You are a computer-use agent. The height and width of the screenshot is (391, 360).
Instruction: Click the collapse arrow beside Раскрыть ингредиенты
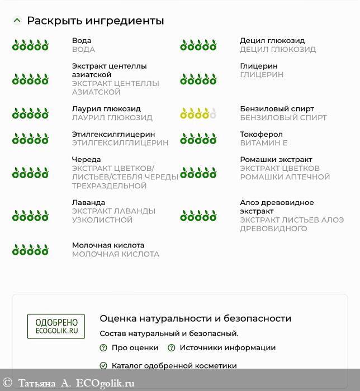pos(17,21)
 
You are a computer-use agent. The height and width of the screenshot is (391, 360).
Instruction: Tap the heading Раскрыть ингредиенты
pos(95,21)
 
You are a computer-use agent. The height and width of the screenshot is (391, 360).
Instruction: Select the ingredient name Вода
pos(82,41)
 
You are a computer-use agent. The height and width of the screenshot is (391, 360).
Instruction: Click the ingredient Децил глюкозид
pos(272,41)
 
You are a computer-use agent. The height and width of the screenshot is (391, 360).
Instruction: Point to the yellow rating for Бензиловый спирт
pos(198,113)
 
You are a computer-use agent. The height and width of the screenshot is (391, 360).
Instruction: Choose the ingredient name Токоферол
pos(261,135)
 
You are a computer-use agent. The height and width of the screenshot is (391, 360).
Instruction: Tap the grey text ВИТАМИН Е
pos(263,143)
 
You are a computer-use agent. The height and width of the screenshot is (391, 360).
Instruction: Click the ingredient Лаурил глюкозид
pos(106,109)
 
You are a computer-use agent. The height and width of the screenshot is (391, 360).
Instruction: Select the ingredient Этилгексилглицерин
pos(113,135)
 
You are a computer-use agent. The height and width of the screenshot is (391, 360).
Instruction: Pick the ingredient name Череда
pos(86,160)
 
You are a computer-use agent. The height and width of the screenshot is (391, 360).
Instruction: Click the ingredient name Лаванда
pos(88,203)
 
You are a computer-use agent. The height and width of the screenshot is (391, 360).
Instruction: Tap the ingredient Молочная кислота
pos(108,245)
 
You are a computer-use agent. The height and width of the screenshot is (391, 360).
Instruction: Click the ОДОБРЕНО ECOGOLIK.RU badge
pos(56,326)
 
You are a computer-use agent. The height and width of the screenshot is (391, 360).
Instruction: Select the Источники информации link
pos(228,347)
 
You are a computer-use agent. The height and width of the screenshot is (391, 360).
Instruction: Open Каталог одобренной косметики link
pos(174,366)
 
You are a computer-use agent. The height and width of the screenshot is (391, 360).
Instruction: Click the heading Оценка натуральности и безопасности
pos(195,318)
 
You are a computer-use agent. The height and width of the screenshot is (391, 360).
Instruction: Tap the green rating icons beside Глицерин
pos(198,79)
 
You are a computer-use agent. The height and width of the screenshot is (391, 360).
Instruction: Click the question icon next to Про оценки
pos(103,347)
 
